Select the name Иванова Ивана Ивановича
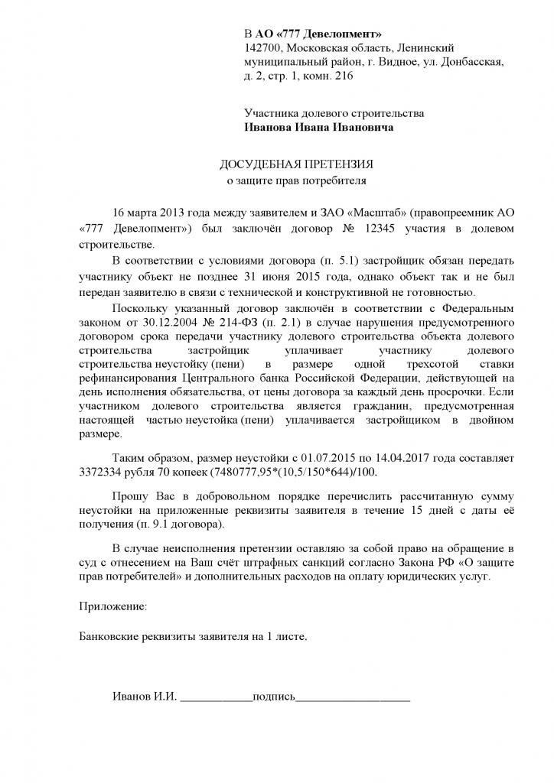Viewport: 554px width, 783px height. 319,128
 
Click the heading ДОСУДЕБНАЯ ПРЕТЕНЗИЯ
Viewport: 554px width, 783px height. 298,165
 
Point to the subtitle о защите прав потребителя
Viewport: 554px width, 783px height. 298,182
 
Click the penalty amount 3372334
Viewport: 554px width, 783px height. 105,473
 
